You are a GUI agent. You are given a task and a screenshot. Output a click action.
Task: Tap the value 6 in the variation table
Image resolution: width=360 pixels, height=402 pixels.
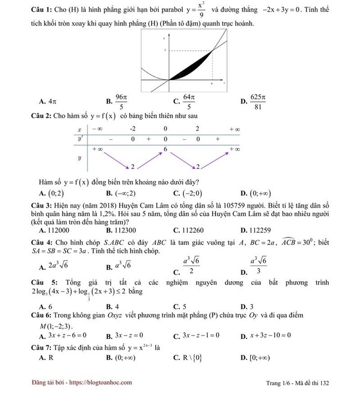[165, 150]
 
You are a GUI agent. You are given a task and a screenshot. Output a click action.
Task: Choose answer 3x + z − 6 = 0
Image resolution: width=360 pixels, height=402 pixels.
[64, 336]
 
